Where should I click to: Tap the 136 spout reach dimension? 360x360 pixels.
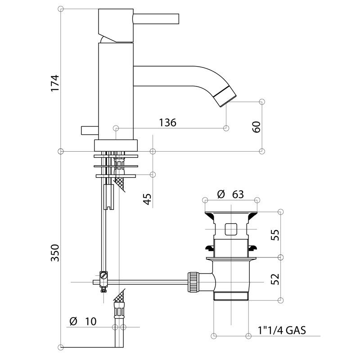click(167, 122)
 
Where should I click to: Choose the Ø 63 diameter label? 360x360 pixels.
click(230, 194)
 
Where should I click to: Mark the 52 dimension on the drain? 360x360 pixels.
click(275, 279)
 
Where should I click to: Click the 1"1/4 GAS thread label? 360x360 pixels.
click(282, 331)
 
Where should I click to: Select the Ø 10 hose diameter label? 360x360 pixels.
click(83, 321)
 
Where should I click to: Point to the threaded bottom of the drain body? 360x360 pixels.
click(231, 295)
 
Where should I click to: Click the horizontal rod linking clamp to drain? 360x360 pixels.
click(148, 282)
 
